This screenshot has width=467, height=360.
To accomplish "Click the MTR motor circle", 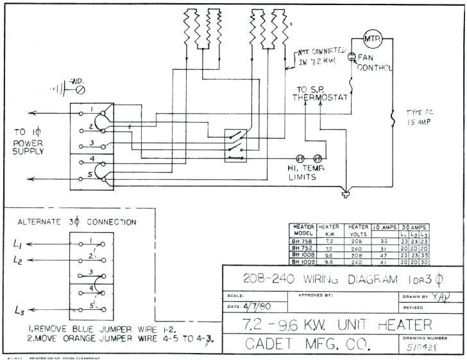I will coord(372,39).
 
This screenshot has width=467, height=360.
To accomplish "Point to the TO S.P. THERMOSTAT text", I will coord(320,94).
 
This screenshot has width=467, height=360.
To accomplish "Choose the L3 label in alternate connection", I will coord(19,312).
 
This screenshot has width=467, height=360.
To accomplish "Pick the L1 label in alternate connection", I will coord(19,245).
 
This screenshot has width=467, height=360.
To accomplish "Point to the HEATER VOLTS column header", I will coord(357,230).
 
